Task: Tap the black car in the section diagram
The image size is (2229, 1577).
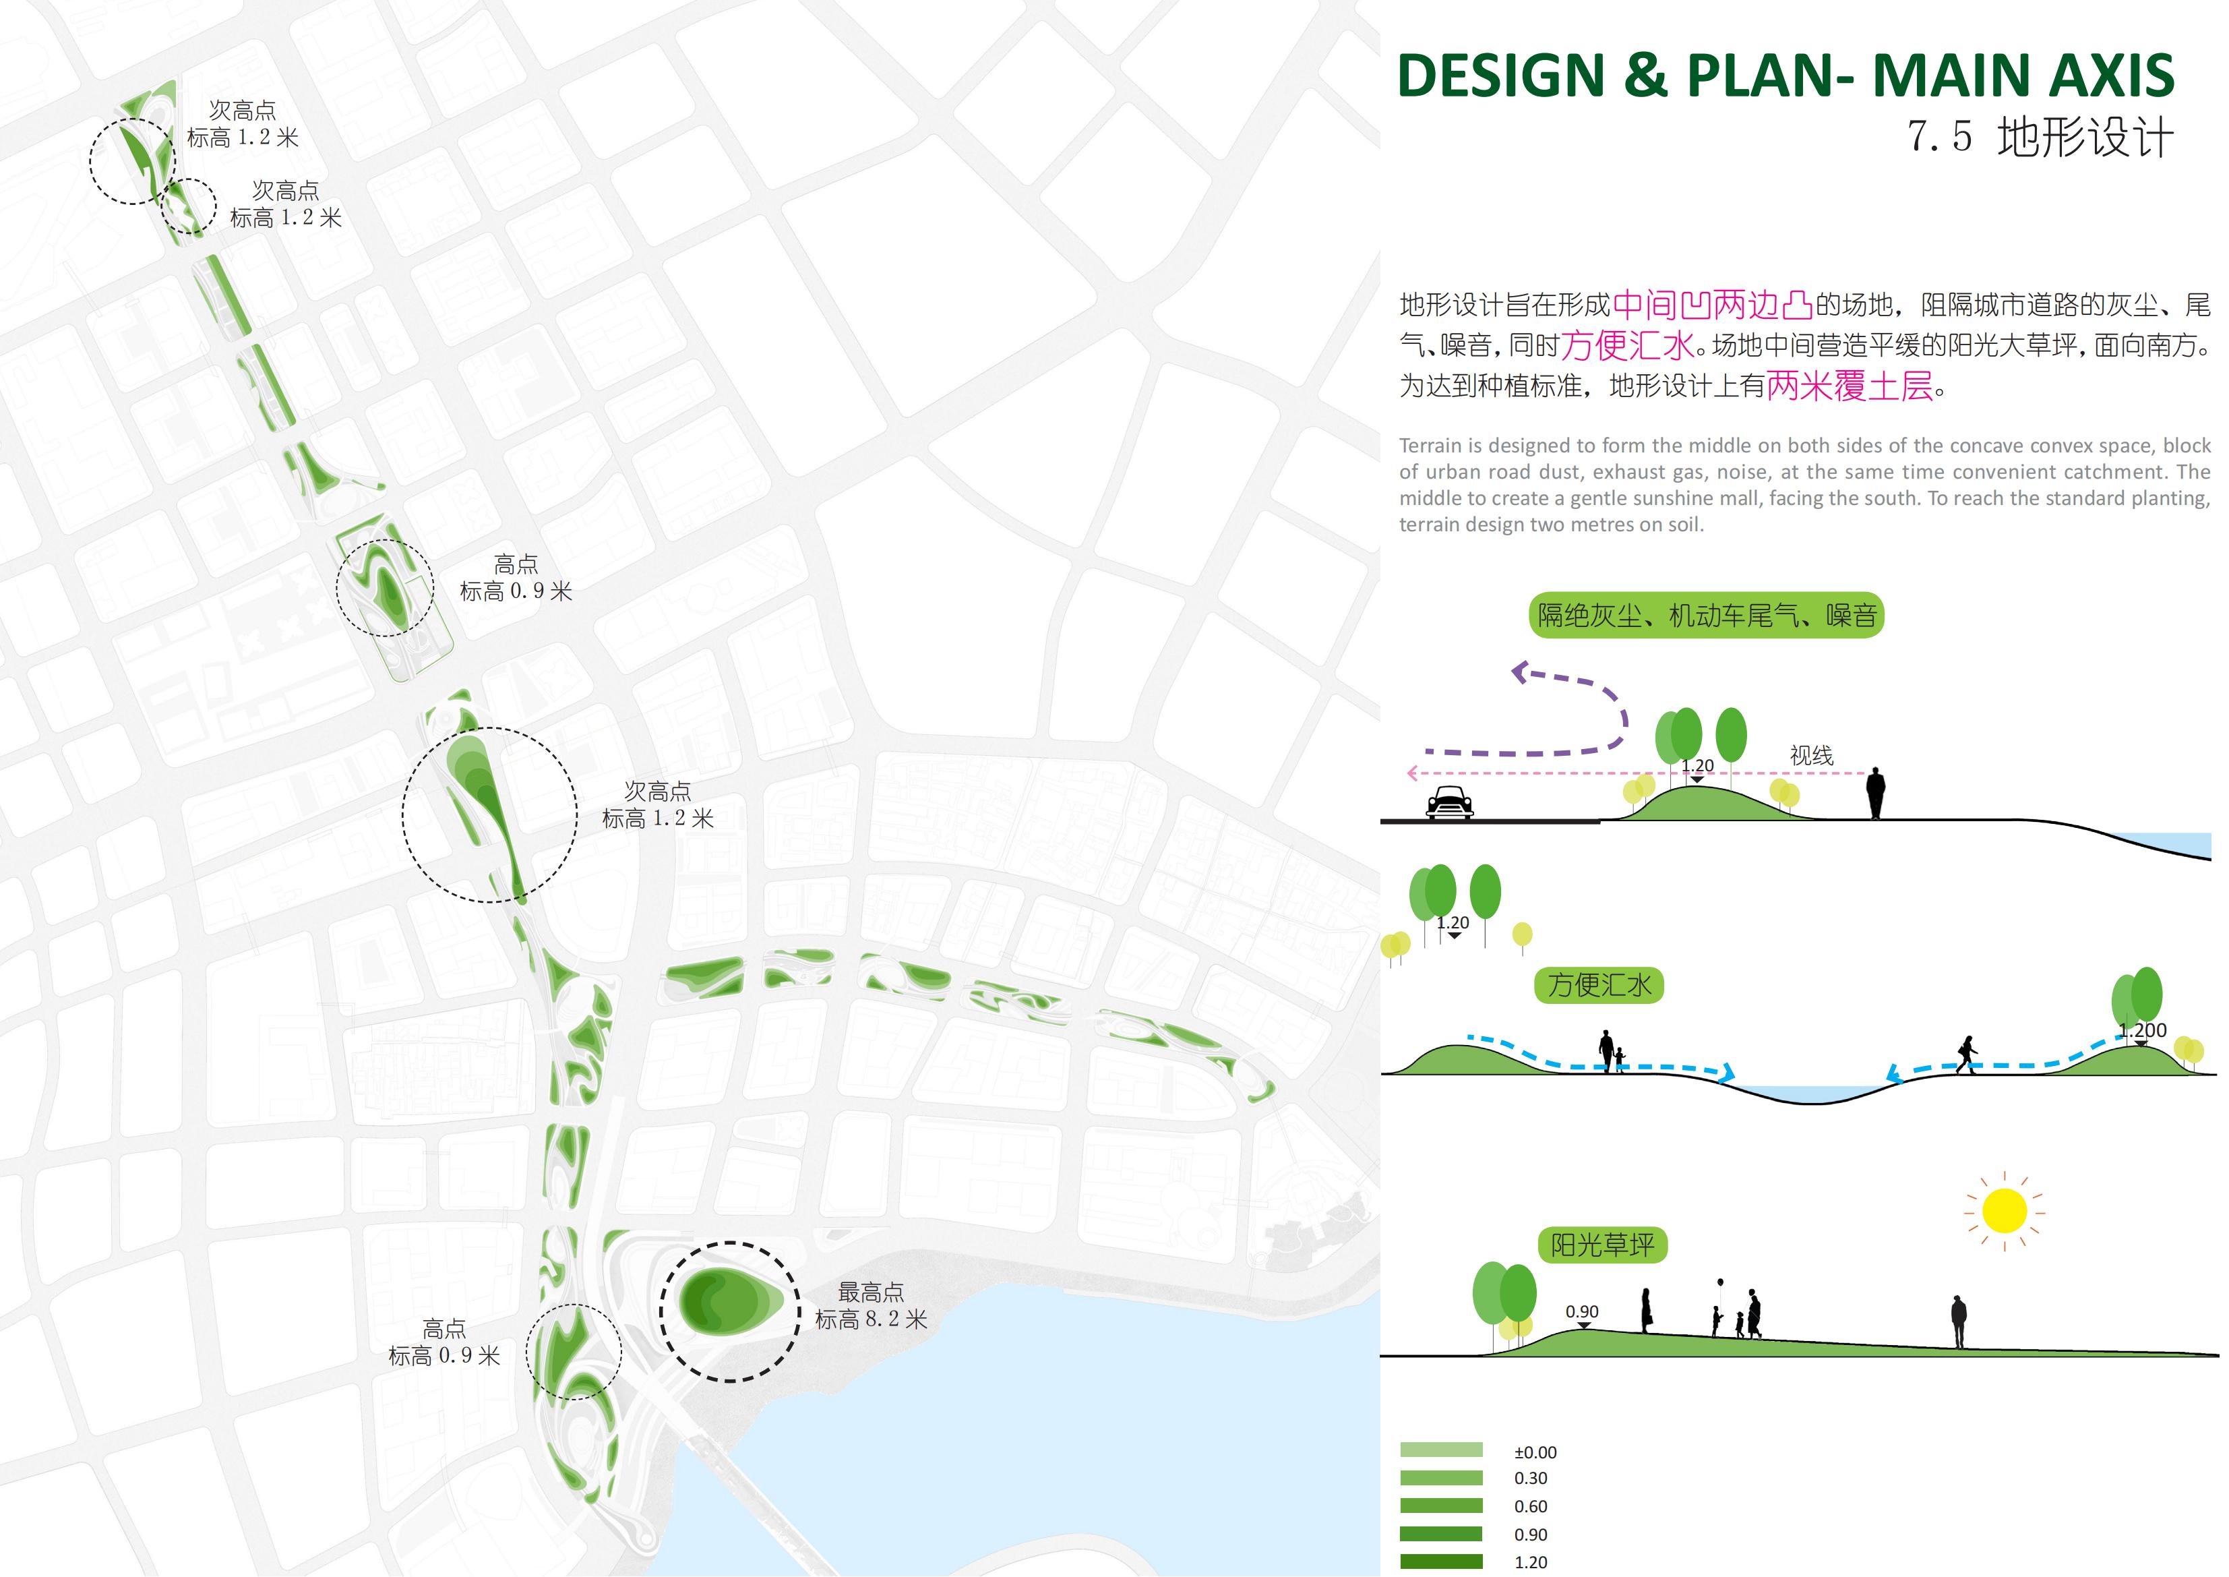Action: tap(1451, 802)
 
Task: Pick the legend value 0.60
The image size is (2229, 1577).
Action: tap(1531, 1506)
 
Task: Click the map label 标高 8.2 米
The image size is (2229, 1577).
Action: tap(871, 1319)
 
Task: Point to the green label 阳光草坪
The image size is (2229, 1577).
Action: tap(1602, 1245)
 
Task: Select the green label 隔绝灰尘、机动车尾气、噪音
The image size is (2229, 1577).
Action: tap(1706, 615)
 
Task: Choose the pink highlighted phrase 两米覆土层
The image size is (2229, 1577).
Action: tap(1850, 386)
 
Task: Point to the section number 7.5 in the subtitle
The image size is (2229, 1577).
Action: tap(1938, 137)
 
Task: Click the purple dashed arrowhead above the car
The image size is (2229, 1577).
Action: tap(1521, 671)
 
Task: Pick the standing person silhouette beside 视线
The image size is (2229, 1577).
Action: tap(1876, 792)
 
